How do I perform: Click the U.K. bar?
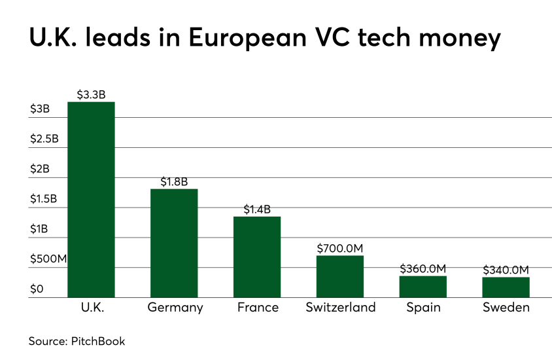91,200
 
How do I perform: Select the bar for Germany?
174,243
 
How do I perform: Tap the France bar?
257,257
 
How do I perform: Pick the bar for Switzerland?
340,277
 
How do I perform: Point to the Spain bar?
423,287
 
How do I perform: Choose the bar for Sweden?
506,287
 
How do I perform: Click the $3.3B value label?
91,94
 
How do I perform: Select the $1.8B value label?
174,181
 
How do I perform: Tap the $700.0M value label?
340,248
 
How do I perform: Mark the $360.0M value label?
423,268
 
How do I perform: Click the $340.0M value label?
506,270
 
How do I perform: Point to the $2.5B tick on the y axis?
44,139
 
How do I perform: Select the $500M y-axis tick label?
48,259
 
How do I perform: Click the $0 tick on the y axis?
37,289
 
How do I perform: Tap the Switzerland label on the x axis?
340,308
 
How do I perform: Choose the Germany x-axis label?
175,308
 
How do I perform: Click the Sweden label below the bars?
506,308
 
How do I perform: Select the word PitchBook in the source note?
98,341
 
